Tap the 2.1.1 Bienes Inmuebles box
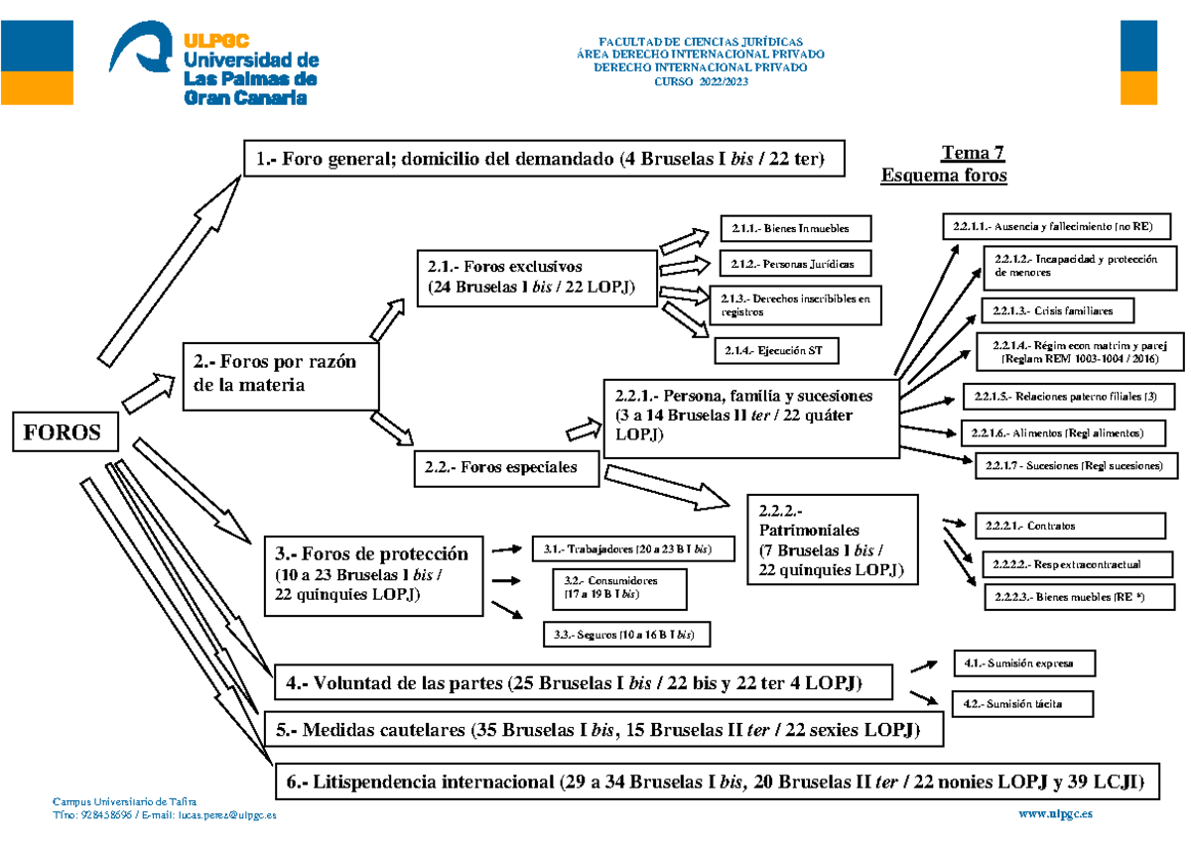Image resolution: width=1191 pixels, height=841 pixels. (x=797, y=229)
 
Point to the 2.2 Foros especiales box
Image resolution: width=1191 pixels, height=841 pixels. (x=506, y=468)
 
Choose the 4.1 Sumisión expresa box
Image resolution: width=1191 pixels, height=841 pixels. (x=1023, y=661)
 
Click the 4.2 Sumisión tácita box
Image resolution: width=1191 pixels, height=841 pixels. (x=1022, y=703)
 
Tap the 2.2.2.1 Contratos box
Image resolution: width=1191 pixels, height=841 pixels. (x=1038, y=526)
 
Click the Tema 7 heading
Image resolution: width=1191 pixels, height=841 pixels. (x=972, y=153)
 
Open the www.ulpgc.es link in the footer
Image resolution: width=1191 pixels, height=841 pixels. (x=1056, y=814)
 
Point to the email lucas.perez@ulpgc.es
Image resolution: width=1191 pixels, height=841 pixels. (x=226, y=814)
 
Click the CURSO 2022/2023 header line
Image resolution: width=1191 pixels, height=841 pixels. (x=700, y=81)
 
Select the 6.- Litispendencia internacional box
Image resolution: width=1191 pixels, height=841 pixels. (x=716, y=782)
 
